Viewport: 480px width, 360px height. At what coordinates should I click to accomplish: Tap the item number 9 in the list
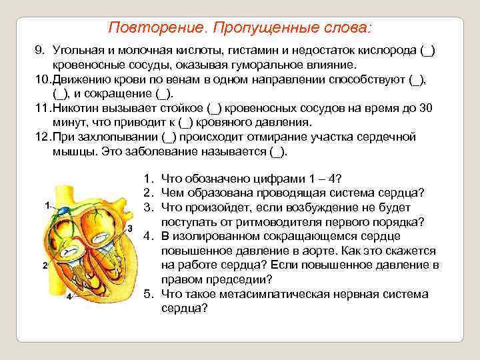point(39,52)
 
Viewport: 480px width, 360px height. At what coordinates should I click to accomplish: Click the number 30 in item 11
point(429,109)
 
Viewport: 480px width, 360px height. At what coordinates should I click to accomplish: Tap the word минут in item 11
point(69,123)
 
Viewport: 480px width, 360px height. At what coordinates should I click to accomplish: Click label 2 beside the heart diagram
point(44,265)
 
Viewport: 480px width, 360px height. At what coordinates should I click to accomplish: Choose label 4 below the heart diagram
point(69,297)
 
